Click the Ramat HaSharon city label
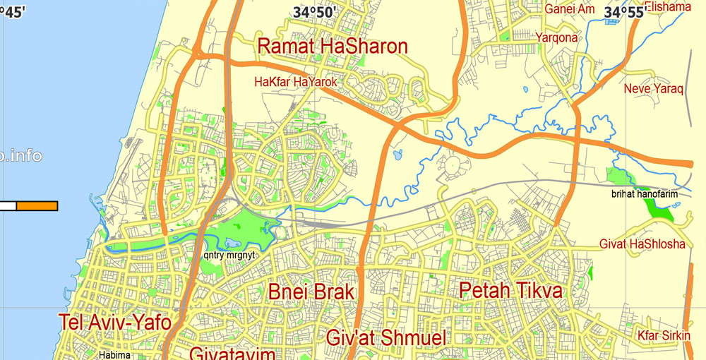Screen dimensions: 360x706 click(333, 47)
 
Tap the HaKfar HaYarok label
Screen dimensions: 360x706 click(296, 83)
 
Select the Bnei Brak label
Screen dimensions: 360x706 click(311, 292)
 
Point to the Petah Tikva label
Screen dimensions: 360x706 click(510, 291)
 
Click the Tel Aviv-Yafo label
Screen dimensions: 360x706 click(115, 323)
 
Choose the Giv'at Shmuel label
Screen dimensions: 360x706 click(385, 338)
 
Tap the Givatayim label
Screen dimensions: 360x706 click(232, 354)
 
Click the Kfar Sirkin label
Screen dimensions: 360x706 click(664, 335)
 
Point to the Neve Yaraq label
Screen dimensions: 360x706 click(654, 89)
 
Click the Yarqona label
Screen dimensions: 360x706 click(556, 37)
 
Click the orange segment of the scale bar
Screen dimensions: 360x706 click(37, 205)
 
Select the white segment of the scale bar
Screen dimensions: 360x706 click(8, 205)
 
